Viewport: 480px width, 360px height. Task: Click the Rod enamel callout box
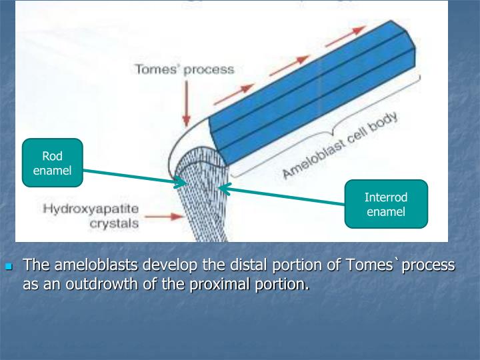[52, 163]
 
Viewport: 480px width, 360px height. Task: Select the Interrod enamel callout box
[385, 204]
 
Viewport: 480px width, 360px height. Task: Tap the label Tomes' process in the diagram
[185, 69]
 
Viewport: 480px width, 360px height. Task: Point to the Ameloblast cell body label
[340, 146]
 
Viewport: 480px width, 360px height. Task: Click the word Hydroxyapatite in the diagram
[91, 209]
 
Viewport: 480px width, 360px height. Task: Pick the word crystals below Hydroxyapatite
[114, 223]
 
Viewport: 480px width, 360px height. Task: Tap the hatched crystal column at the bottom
[203, 213]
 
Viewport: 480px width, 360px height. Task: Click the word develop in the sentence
[168, 265]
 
